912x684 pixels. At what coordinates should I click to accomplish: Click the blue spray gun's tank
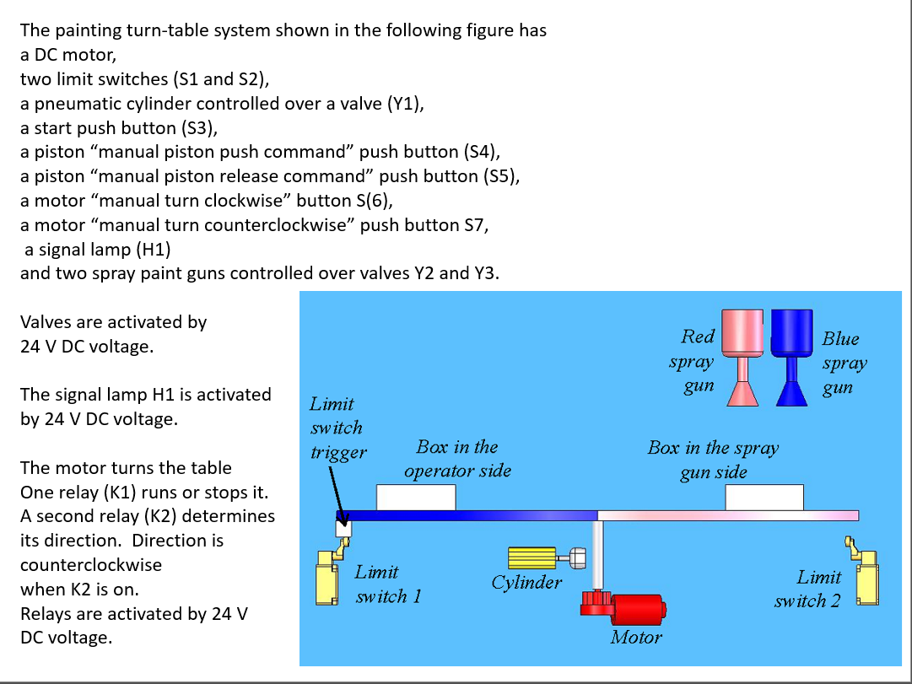point(792,331)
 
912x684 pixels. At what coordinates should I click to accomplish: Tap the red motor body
point(636,609)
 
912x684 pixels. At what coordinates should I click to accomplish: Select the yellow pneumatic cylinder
point(532,557)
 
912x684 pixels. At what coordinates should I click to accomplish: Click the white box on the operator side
point(416,498)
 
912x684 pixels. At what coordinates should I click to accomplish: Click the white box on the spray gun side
point(764,498)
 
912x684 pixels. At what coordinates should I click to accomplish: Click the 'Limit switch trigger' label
point(337,428)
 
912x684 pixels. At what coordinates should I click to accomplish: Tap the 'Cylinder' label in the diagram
point(526,583)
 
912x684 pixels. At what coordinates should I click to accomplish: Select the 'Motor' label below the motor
point(636,638)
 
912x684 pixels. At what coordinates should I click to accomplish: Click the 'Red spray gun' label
point(697,361)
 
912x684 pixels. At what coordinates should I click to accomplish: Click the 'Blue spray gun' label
point(844,364)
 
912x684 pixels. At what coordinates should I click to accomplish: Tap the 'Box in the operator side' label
point(457,459)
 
